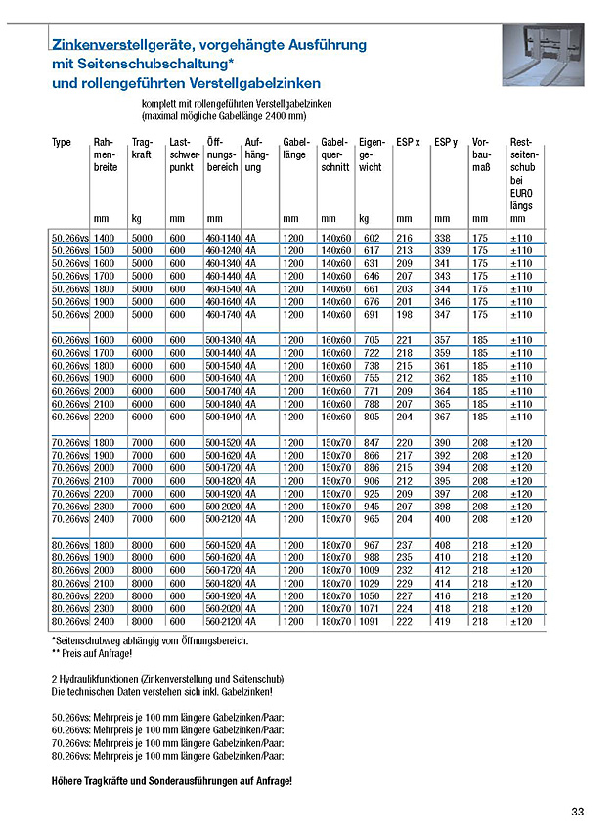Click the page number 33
(x=578, y=811)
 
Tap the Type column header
(x=62, y=143)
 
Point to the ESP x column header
(x=409, y=143)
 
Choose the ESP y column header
(x=445, y=143)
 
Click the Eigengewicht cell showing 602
(x=371, y=238)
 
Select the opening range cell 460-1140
(x=223, y=238)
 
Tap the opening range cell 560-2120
(x=223, y=621)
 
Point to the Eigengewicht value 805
(x=371, y=417)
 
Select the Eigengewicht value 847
(x=371, y=442)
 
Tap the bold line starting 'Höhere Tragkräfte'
(x=171, y=783)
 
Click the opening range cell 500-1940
(x=223, y=417)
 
